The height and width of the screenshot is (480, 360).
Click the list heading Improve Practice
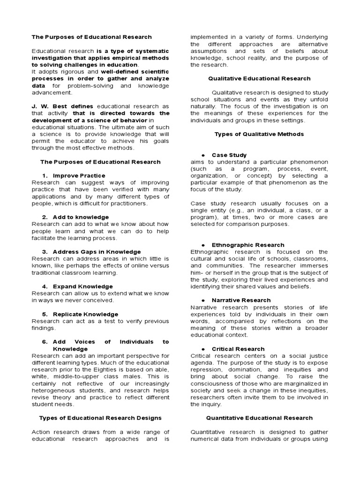[x=79, y=175]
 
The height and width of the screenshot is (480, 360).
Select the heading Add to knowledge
[x=81, y=217]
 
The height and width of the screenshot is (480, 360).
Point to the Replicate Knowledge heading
[x=85, y=314]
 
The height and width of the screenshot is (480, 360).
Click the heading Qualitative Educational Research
[x=259, y=79]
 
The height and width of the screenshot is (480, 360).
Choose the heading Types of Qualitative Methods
[x=259, y=134]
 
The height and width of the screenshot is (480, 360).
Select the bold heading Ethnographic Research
[x=248, y=245]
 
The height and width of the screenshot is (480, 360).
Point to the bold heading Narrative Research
[x=241, y=300]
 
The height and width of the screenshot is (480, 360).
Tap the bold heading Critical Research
[x=238, y=349]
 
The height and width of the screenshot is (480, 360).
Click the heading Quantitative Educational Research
[x=259, y=418]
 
